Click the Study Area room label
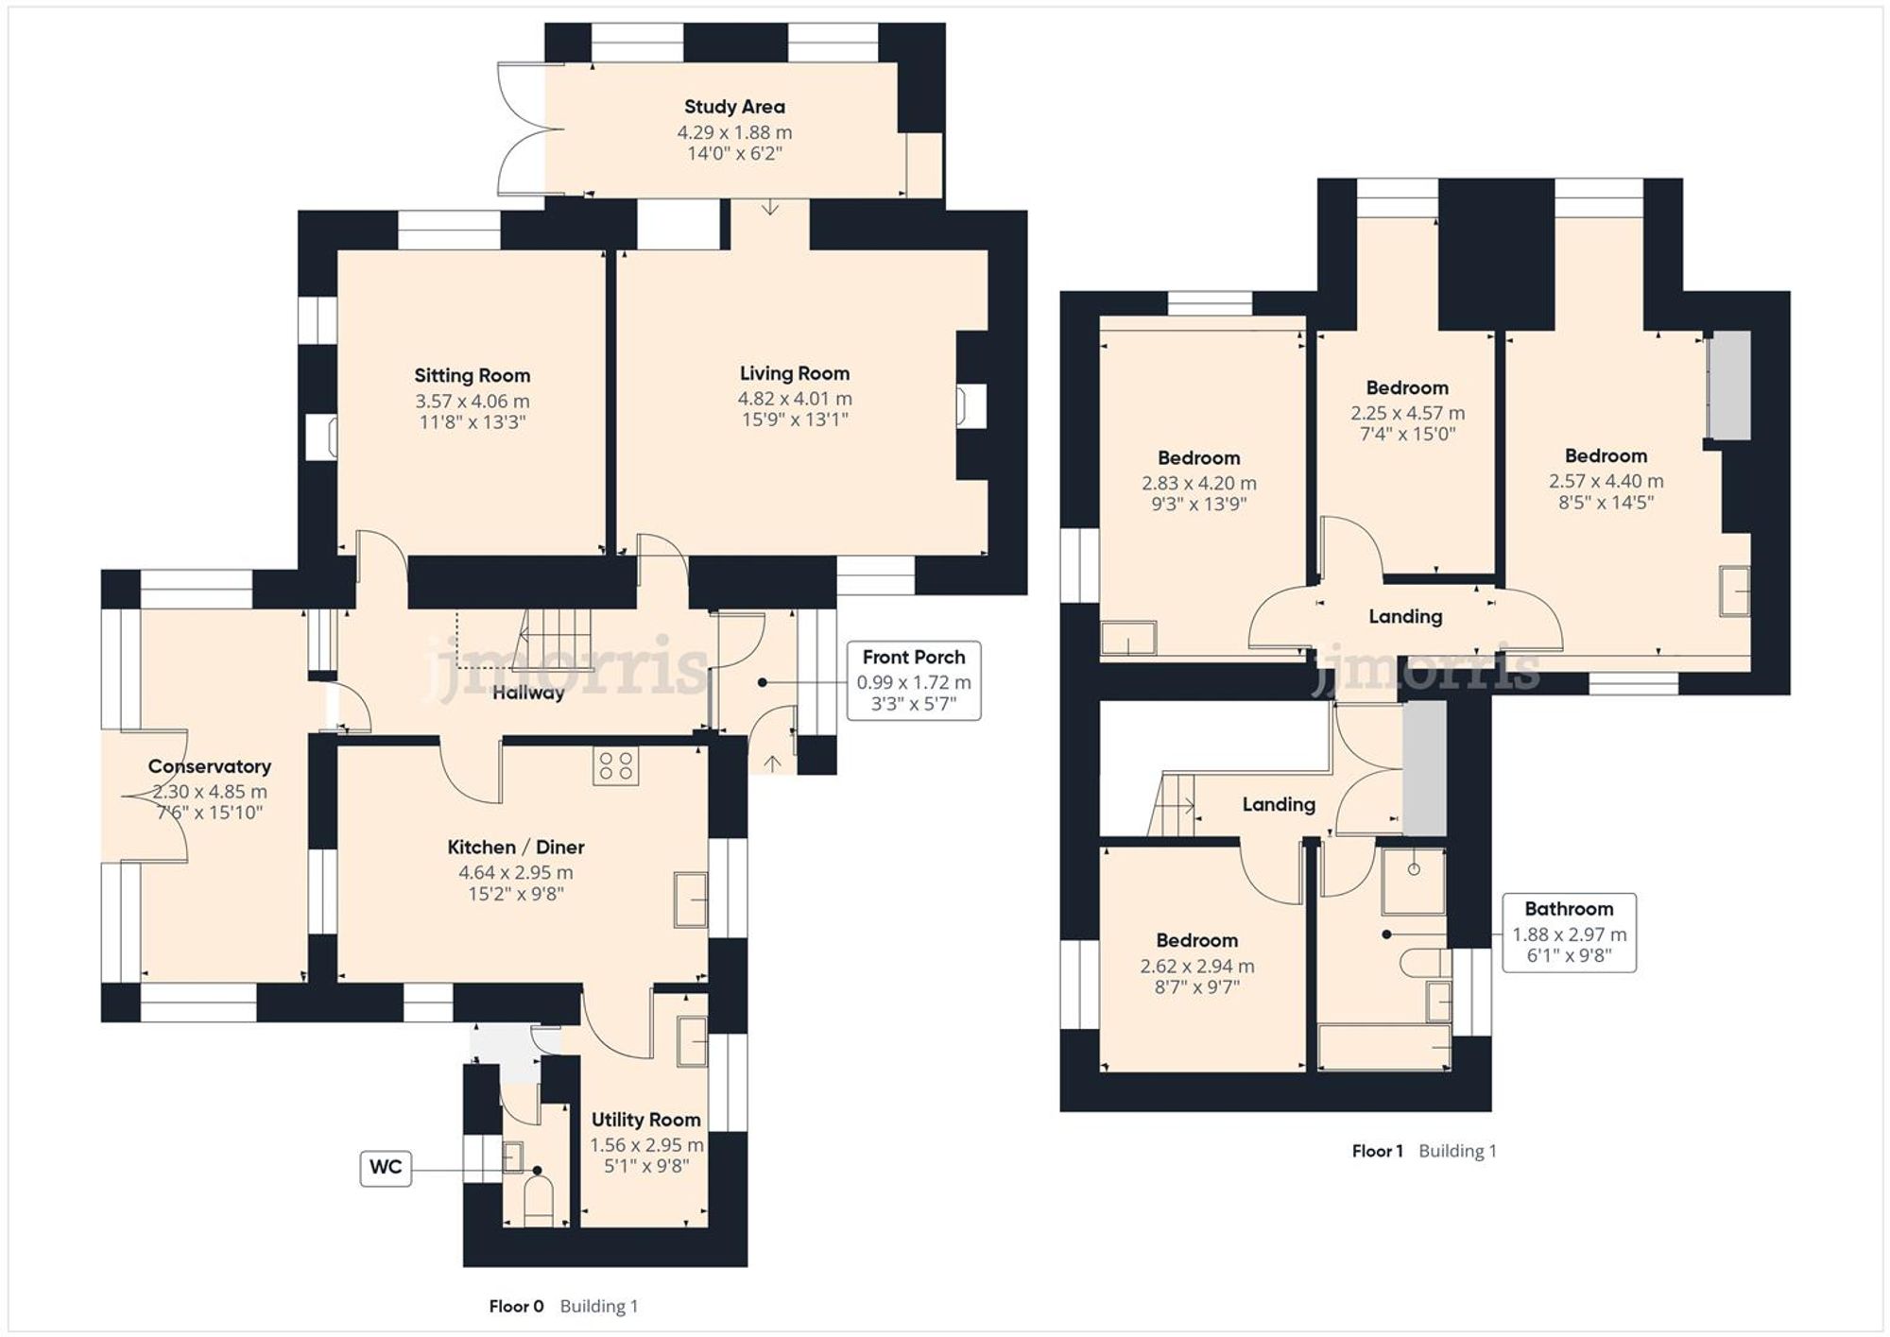[734, 107]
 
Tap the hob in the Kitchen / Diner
[615, 765]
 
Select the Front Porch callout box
[913, 681]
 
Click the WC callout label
[386, 1168]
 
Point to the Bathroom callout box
[1569, 933]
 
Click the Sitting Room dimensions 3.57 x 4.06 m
[472, 402]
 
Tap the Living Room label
[794, 373]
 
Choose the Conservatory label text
[209, 766]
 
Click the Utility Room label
[645, 1120]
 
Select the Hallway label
[528, 693]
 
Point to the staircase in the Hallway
[557, 628]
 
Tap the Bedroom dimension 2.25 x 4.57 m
[1407, 413]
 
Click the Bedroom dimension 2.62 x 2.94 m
[1196, 966]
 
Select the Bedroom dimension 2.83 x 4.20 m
[1198, 483]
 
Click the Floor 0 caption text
[516, 1306]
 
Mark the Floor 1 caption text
[1377, 1151]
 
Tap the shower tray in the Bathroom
[1413, 881]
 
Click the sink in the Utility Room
[692, 1041]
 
